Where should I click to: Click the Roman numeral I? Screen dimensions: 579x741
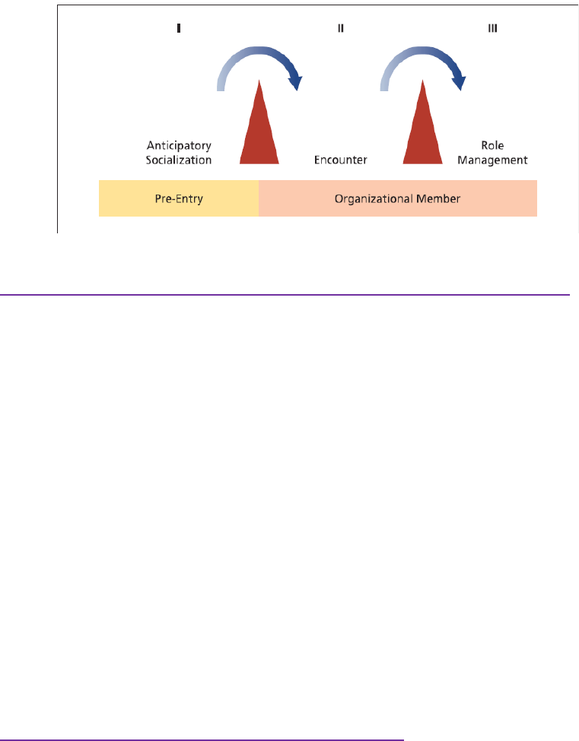click(178, 28)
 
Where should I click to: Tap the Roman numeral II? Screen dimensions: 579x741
click(341, 28)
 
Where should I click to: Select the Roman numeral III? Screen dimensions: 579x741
click(492, 28)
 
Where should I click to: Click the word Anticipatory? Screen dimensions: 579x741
click(179, 146)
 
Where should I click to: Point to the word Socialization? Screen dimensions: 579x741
click(178, 160)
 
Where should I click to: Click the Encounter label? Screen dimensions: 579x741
click(341, 160)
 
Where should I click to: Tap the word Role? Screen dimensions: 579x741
click(492, 146)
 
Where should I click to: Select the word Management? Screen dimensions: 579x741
click(492, 160)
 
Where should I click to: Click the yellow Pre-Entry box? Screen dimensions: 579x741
click(179, 198)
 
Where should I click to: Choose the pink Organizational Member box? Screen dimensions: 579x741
click(398, 198)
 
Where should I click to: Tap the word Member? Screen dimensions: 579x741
click(438, 198)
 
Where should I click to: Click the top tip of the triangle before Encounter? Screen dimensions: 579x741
click(259, 80)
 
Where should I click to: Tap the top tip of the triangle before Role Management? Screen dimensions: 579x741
click(422, 80)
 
